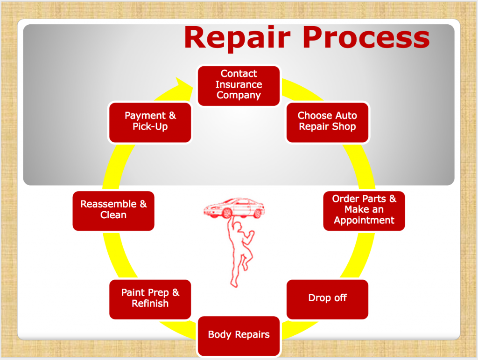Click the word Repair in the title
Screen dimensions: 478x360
tap(237, 38)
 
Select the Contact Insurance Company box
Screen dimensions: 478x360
tap(239, 86)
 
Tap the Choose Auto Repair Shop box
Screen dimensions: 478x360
tap(327, 123)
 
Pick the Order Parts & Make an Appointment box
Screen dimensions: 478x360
tap(364, 211)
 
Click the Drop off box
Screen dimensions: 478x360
tap(327, 299)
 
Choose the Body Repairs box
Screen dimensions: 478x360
tap(239, 336)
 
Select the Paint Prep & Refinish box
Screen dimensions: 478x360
tap(150, 299)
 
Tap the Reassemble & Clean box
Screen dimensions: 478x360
tap(113, 211)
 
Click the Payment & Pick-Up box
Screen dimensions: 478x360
tap(150, 123)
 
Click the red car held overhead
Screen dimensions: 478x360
tap(234, 208)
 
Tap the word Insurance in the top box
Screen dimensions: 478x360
tap(239, 84)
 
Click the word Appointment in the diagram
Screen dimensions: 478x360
tap(364, 221)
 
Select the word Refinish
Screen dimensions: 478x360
tap(150, 304)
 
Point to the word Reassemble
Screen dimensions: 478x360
tap(108, 204)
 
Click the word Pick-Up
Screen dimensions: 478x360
tap(150, 127)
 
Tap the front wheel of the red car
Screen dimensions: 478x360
tap(227, 213)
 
